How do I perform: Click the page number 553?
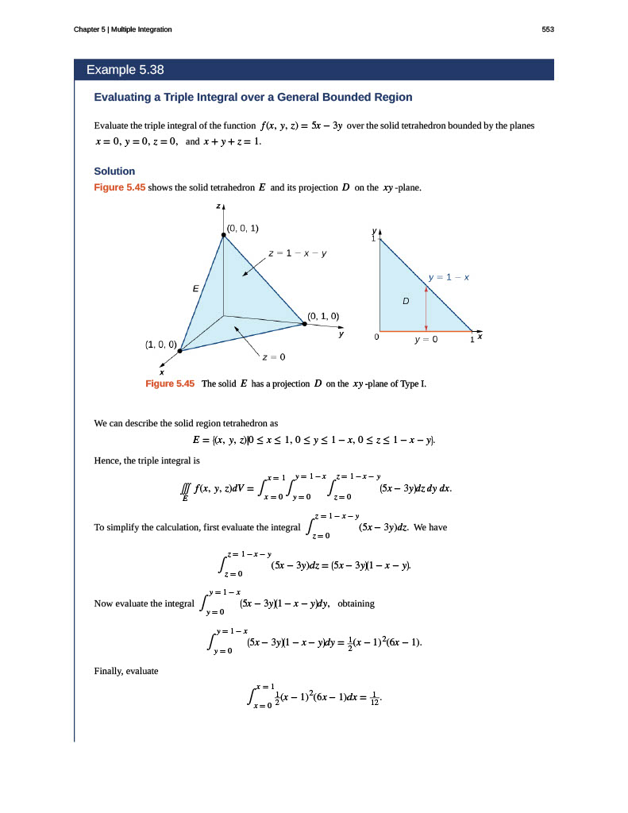point(547,29)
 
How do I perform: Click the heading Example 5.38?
point(125,70)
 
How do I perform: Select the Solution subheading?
point(114,171)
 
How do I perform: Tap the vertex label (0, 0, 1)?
point(243,229)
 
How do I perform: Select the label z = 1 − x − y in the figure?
point(298,254)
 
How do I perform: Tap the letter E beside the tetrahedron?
point(195,289)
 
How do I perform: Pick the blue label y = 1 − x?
point(449,277)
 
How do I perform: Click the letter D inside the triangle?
point(405,302)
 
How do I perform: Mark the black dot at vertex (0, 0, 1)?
point(223,236)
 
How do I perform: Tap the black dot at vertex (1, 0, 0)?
point(181,350)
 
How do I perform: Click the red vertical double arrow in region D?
point(426,309)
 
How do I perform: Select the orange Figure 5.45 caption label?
point(170,383)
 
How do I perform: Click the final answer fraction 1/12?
point(375,699)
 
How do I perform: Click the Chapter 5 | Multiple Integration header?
point(122,29)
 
